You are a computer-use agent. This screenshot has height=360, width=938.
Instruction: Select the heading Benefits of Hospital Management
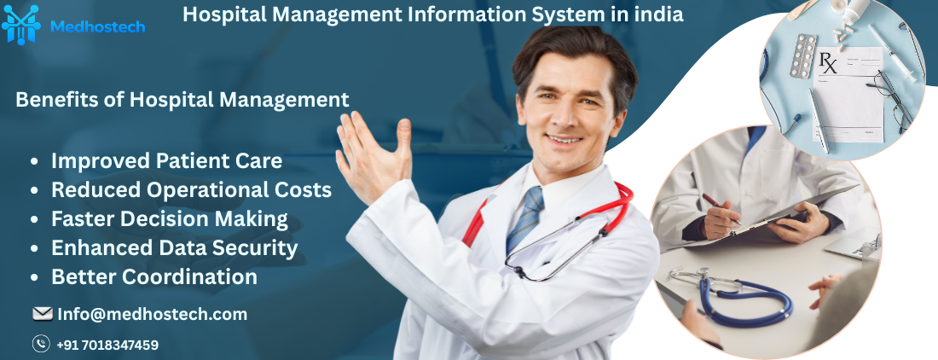coord(182,100)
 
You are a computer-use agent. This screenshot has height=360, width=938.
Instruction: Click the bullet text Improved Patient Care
coord(166,160)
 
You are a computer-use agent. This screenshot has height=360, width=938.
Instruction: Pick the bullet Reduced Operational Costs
coord(191,189)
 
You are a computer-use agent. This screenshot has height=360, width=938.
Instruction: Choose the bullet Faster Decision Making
coord(169,218)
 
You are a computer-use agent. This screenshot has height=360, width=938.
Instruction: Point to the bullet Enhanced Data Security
coord(174,247)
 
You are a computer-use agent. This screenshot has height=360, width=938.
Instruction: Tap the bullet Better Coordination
coord(153,276)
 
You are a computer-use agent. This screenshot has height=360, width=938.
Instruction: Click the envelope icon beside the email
coord(42,314)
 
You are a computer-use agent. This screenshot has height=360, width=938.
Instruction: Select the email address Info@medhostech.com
coord(152,314)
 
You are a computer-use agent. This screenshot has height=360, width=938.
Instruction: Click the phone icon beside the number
coord(41,344)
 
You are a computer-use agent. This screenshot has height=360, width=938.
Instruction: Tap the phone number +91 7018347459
coord(107,345)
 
